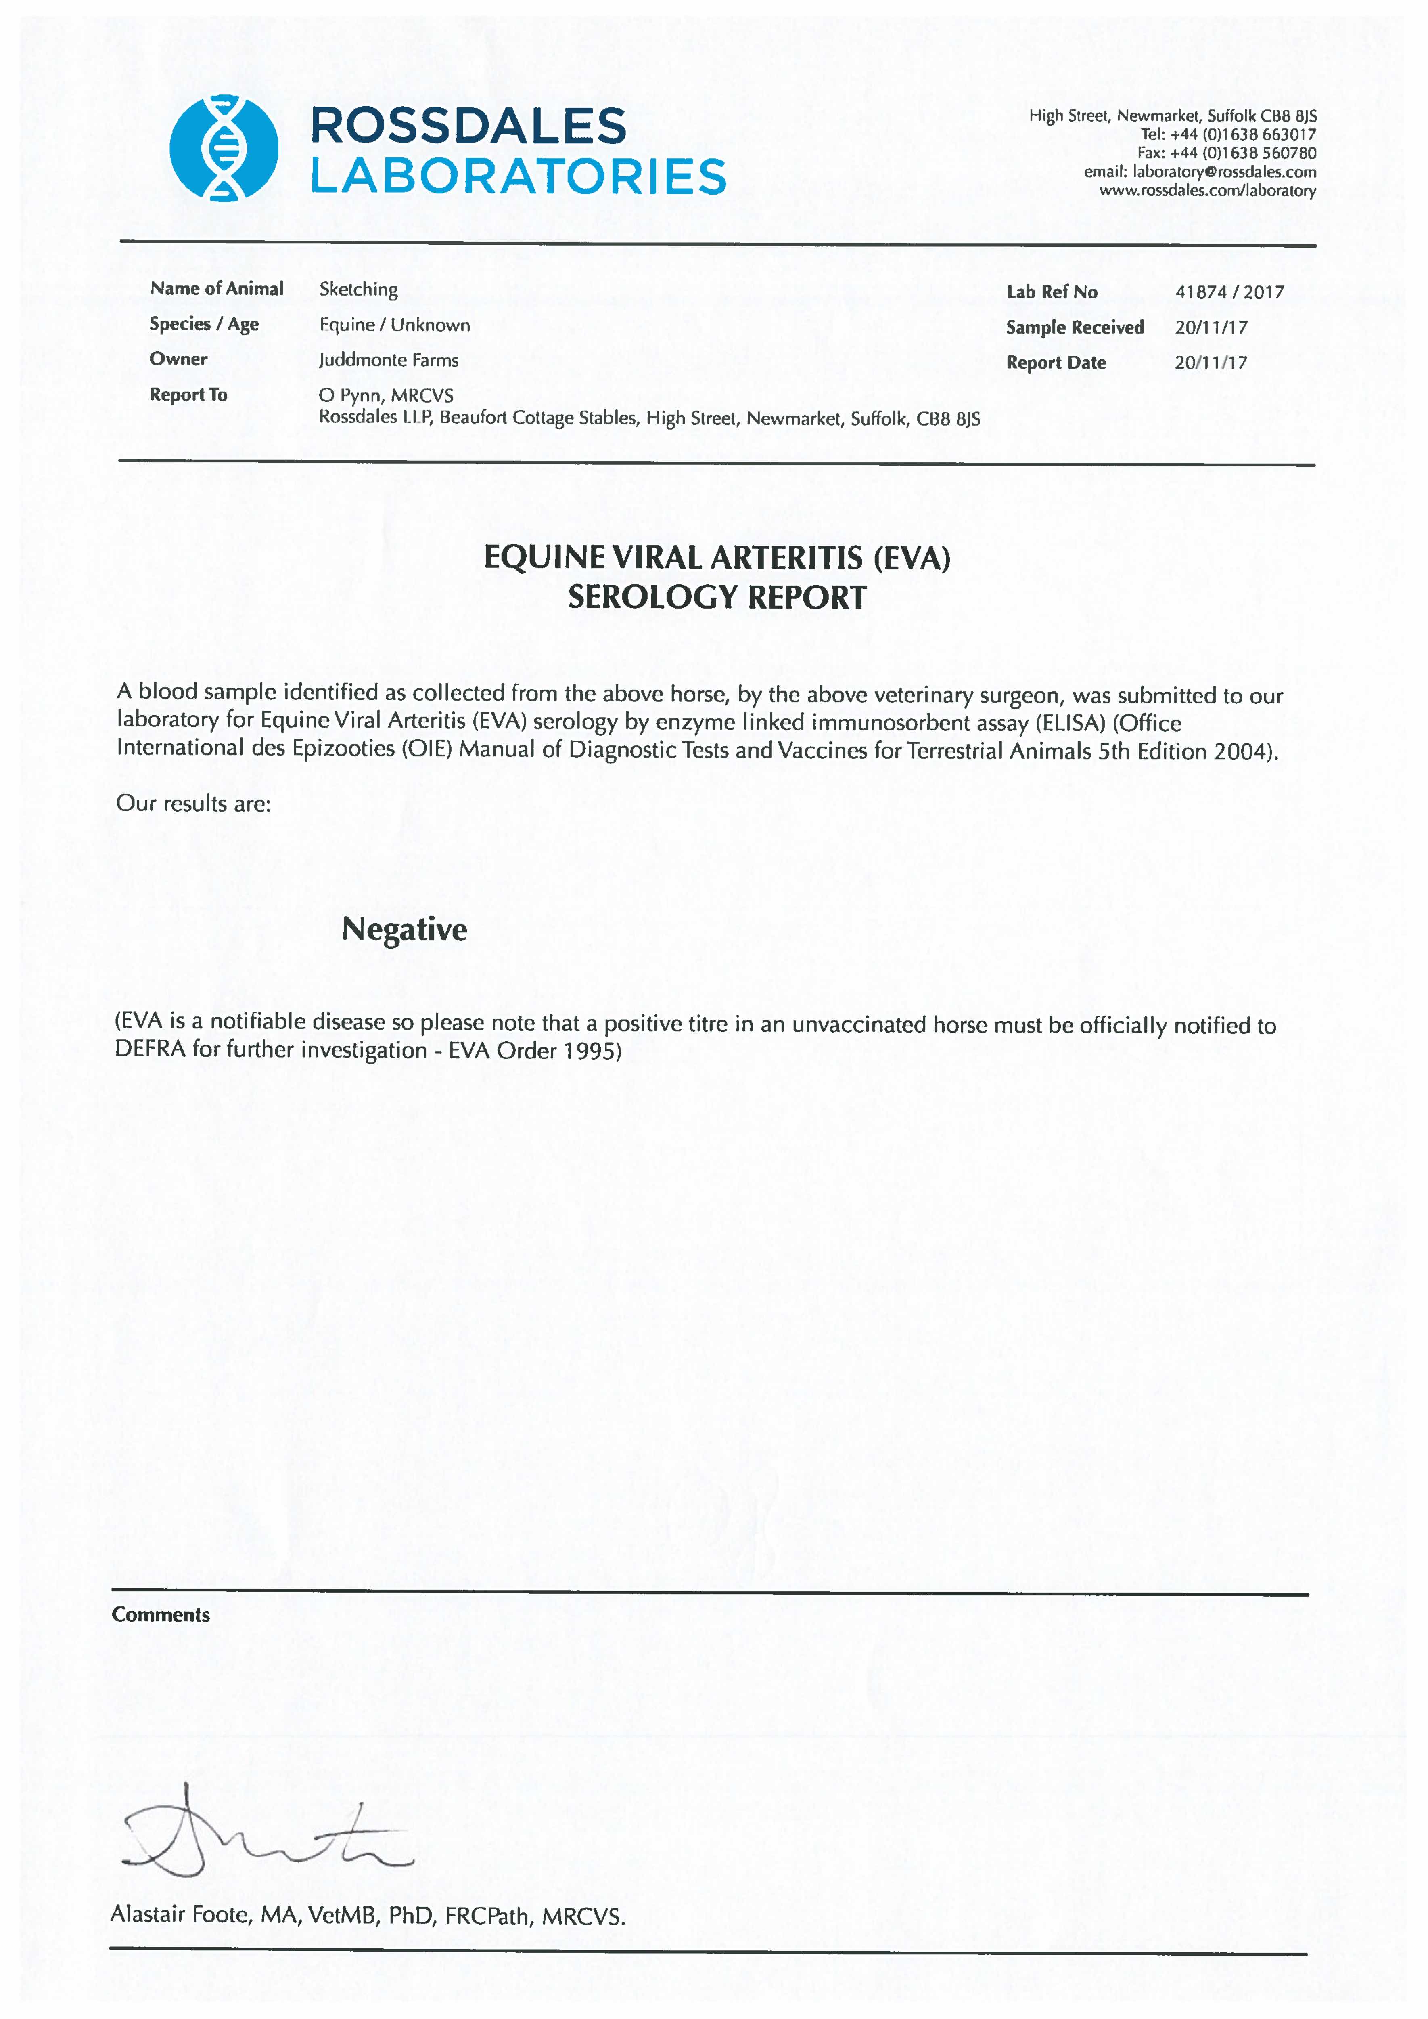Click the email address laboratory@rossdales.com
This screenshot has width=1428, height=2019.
tap(1224, 172)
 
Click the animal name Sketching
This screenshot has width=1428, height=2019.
tap(358, 290)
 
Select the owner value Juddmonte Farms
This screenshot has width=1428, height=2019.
tap(389, 360)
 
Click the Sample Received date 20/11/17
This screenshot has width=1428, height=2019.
tap(1211, 327)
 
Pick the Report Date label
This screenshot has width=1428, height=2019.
tap(1056, 363)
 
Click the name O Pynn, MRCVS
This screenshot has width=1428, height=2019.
tap(386, 395)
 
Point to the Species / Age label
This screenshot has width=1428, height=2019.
tap(204, 324)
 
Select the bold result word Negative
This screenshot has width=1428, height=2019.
tap(404, 929)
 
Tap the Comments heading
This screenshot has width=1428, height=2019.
tap(161, 1615)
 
